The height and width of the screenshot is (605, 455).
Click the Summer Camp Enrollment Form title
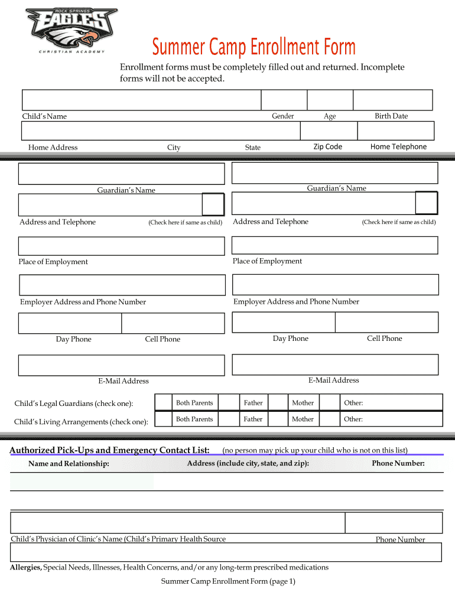[254, 47]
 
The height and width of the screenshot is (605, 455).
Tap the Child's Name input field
[141, 100]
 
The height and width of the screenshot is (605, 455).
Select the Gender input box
[284, 100]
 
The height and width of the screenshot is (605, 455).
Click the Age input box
[330, 100]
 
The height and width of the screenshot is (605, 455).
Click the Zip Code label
[327, 147]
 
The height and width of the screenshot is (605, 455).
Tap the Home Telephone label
[398, 147]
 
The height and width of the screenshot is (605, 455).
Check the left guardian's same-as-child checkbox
[213, 204]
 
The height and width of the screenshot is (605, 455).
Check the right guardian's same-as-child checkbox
[426, 203]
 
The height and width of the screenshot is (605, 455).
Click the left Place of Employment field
[121, 246]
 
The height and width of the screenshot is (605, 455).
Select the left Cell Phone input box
[173, 323]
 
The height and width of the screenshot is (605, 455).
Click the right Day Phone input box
[284, 322]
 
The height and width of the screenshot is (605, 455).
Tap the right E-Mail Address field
[335, 365]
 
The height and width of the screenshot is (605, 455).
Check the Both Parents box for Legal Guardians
[163, 402]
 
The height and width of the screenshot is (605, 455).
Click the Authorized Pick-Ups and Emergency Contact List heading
[109, 451]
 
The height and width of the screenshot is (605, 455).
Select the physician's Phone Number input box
[394, 523]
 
